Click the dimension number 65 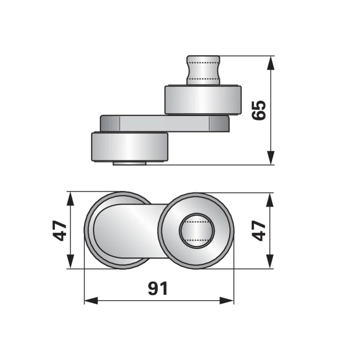259,110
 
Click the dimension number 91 158,288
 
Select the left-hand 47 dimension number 60,230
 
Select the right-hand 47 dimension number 259,231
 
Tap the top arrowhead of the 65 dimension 271,63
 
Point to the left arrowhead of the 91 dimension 91,301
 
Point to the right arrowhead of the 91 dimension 227,301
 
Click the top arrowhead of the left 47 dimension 71,200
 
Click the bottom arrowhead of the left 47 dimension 71,261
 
